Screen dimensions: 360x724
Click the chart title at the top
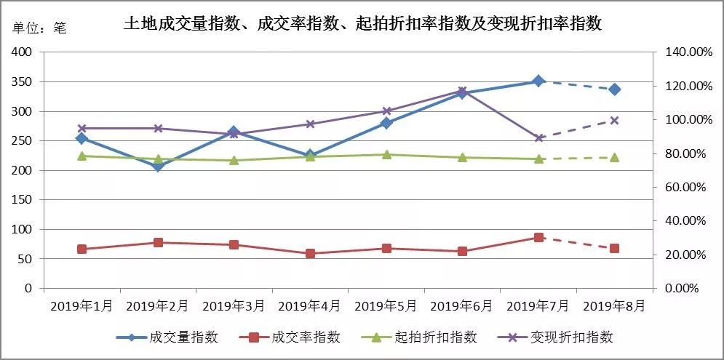(362, 24)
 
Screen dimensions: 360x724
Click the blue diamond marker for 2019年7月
(538, 81)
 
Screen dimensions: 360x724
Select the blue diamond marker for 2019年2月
(158, 167)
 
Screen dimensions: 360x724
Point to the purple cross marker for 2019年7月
(538, 137)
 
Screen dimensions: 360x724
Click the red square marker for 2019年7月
(538, 237)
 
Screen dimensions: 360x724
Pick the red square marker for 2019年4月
(310, 254)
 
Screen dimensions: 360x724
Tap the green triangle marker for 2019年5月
(386, 154)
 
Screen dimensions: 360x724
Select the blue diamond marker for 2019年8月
(615, 89)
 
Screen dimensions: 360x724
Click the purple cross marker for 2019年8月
(615, 121)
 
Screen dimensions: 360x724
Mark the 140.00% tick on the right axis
(683, 52)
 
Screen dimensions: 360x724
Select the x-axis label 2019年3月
(234, 306)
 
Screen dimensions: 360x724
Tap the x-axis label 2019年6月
(462, 306)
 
